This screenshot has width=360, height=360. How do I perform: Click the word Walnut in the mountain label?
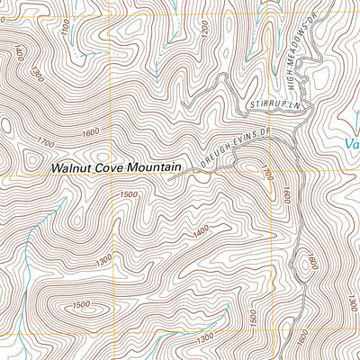[x=72, y=166]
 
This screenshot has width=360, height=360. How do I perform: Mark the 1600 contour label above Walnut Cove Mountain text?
[x=90, y=133]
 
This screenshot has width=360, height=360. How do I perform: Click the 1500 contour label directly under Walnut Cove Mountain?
[x=128, y=194]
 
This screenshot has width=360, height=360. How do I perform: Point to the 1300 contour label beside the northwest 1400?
[x=36, y=69]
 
